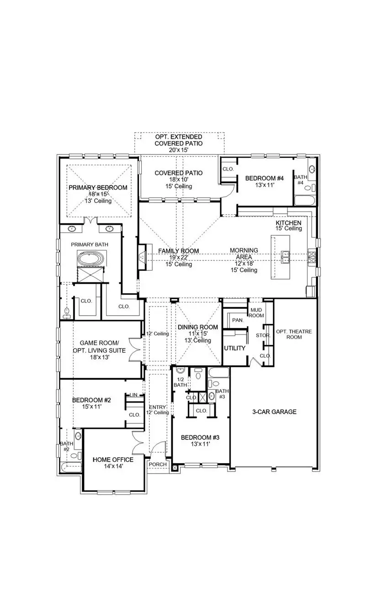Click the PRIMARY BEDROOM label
click(98, 188)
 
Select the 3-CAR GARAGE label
click(274, 412)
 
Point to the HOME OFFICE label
click(113, 460)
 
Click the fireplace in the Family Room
click(142, 257)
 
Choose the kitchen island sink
click(285, 257)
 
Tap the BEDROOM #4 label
click(265, 179)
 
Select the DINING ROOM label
click(197, 327)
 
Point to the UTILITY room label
click(234, 348)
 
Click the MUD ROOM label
click(256, 312)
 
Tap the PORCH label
click(157, 464)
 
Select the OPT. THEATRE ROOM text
click(294, 334)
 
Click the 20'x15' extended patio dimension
click(178, 150)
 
